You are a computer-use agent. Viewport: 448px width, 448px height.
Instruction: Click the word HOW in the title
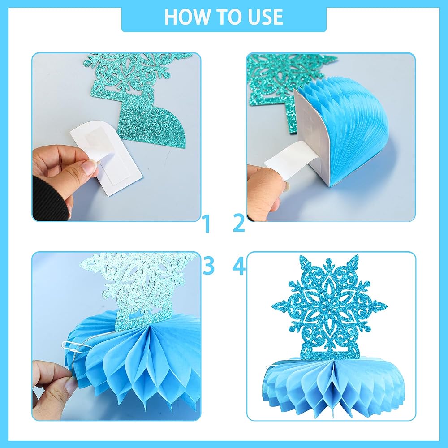(x=188, y=17)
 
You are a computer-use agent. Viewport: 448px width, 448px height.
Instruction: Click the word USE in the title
(x=265, y=17)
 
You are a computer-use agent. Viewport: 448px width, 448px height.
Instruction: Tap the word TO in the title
(x=229, y=17)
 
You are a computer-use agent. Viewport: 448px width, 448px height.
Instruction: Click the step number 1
(x=207, y=224)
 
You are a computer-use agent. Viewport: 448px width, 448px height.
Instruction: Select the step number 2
(x=239, y=223)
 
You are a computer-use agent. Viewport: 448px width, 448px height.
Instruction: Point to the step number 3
(x=209, y=266)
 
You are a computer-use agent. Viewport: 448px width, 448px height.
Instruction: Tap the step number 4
(x=239, y=266)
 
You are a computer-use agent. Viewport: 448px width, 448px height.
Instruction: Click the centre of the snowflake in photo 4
(x=329, y=306)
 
